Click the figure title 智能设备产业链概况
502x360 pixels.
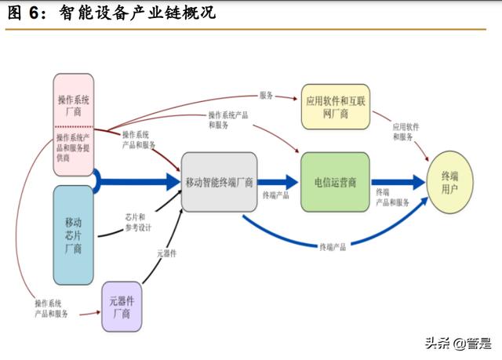coord(137,14)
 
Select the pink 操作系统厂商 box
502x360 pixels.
coord(74,106)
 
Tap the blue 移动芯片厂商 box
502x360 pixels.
coord(74,235)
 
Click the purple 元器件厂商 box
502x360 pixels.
coord(122,307)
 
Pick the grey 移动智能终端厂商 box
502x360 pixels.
coord(219,182)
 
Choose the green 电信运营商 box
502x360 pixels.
coord(335,182)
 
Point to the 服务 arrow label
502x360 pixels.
coord(266,95)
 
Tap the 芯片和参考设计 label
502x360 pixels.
coord(138,222)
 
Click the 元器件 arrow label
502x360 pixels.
coord(166,253)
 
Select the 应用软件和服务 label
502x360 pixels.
coord(406,131)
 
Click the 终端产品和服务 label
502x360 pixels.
coord(392,197)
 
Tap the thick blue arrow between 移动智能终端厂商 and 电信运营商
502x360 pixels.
coord(278,182)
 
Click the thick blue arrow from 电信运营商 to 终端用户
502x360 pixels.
coord(398,182)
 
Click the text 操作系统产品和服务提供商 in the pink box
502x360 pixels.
coord(74,147)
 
